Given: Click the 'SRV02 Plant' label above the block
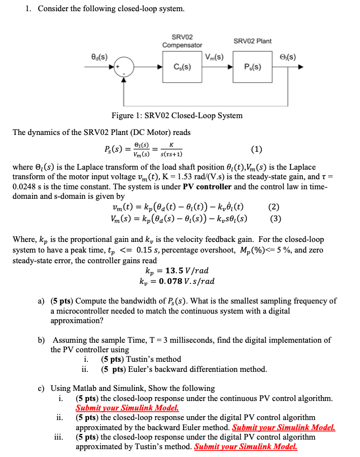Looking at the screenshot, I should (x=253, y=41).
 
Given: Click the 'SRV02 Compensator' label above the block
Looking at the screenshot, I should (x=182, y=40).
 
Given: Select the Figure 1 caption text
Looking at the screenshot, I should (x=177, y=115).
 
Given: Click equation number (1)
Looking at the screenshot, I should (x=256, y=149).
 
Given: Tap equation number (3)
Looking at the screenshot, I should (x=275, y=218).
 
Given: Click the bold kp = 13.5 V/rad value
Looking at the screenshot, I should (x=176, y=271).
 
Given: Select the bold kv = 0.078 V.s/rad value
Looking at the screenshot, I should (x=176, y=281).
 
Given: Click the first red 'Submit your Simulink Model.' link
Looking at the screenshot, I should (x=127, y=408).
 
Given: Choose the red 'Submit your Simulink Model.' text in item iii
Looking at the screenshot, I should (x=245, y=446).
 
